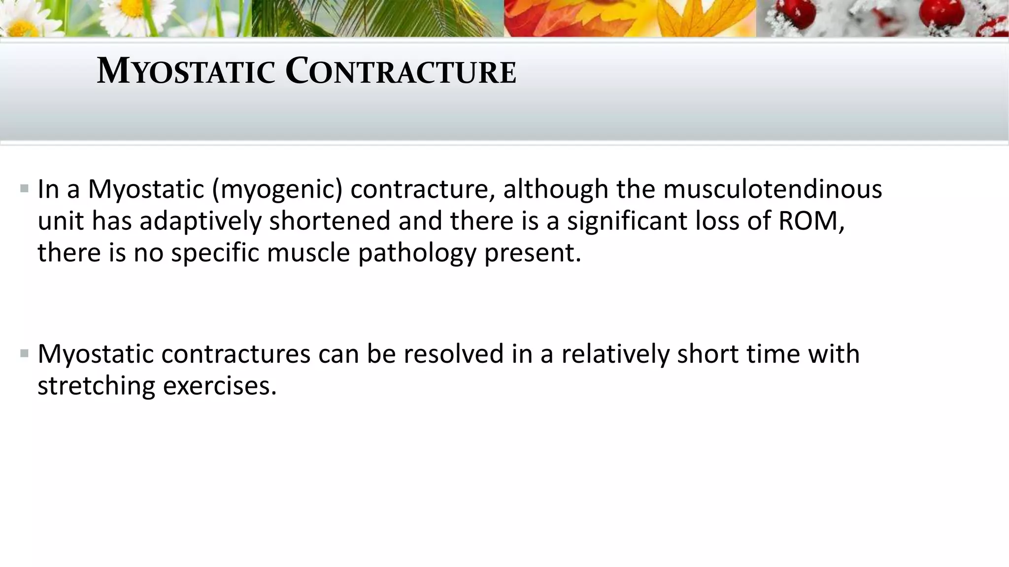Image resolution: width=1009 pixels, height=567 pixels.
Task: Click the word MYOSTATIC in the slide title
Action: coord(185,71)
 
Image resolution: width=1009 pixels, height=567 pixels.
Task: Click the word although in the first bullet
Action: coord(555,189)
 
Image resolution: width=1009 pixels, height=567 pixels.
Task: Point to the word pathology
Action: coord(417,252)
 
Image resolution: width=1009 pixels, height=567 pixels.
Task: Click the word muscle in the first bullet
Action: coord(308,252)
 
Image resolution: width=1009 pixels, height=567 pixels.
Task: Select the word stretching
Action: coord(96,385)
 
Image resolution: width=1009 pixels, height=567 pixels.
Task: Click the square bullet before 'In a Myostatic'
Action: coord(25,189)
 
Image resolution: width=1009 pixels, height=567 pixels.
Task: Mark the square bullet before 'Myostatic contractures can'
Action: coord(25,353)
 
